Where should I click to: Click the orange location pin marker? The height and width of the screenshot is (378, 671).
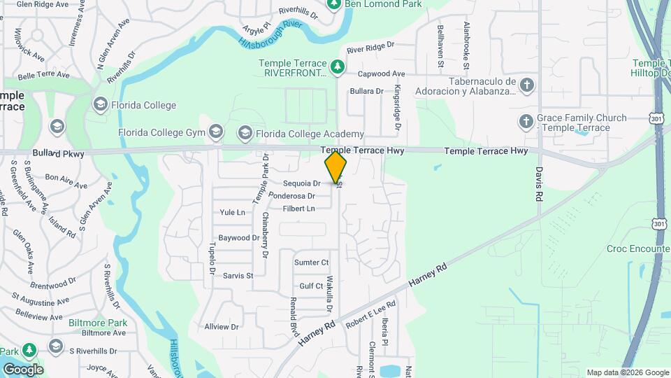(335, 167)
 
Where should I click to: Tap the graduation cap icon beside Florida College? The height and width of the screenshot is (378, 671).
(100, 105)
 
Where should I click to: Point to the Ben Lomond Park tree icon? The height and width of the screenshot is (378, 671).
(333, 3)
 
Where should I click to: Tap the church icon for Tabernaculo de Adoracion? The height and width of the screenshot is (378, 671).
(527, 85)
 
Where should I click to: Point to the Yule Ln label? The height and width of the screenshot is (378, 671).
(232, 212)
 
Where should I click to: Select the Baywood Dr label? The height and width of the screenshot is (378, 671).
(239, 238)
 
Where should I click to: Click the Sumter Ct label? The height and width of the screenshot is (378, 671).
(311, 262)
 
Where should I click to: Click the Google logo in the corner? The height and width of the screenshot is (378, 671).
(23, 370)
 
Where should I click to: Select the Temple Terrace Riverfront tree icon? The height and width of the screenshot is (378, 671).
(338, 66)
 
